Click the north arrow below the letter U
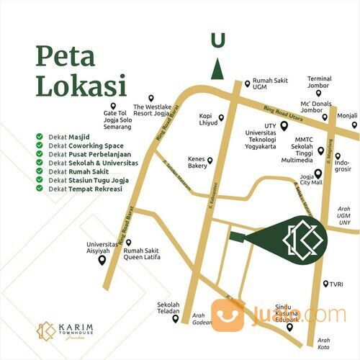217,69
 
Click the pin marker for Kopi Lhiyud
221,117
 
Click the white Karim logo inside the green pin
300,238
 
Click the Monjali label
347,115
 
